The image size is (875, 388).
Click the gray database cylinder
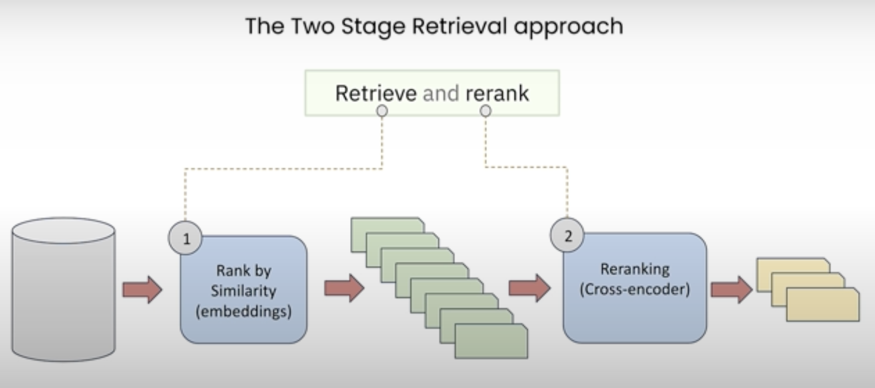(x=63, y=290)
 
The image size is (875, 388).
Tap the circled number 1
(x=186, y=239)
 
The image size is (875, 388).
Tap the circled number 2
(x=568, y=236)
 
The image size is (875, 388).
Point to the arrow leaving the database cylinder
(x=142, y=290)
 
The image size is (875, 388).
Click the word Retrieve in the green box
(x=376, y=93)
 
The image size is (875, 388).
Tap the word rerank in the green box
(x=497, y=93)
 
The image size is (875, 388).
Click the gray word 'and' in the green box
(x=441, y=93)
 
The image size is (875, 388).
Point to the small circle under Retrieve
(x=382, y=111)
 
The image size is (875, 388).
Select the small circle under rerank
(x=485, y=111)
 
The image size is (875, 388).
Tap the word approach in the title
(x=568, y=26)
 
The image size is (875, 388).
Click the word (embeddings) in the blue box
(x=244, y=311)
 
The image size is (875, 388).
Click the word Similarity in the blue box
(x=244, y=291)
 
